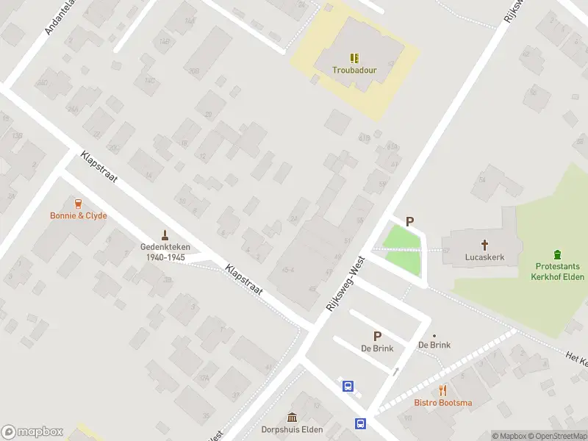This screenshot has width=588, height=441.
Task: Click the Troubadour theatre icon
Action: point(354,57)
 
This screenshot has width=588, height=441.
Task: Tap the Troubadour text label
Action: point(354,71)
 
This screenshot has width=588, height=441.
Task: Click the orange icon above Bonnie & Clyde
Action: point(79,203)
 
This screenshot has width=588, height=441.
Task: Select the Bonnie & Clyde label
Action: point(79,216)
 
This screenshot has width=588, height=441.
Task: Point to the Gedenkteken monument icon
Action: point(165,235)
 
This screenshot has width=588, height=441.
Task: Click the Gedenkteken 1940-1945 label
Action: point(165,252)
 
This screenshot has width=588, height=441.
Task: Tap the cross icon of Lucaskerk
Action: point(485,245)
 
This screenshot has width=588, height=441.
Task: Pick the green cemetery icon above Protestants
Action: point(556,253)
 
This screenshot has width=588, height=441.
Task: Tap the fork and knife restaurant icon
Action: point(442,390)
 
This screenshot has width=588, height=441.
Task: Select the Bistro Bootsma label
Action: point(442,403)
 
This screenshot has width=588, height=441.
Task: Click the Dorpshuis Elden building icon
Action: point(292,417)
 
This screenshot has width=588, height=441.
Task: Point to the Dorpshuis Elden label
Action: point(291,430)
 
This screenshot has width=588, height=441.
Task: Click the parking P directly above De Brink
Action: point(377,336)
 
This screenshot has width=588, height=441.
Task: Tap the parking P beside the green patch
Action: point(410,220)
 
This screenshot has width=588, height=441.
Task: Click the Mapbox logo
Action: point(32,432)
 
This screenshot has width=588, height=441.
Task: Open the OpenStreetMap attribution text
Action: point(555,436)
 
